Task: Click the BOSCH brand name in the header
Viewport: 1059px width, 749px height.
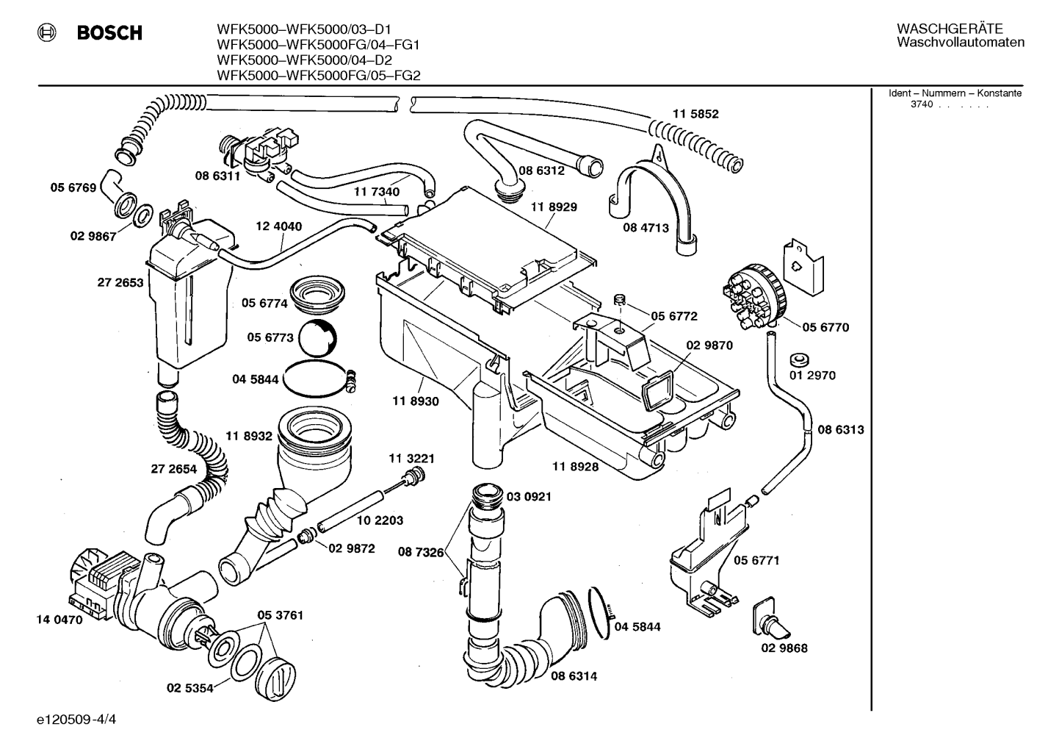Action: [109, 33]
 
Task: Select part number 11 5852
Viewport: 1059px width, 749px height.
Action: [695, 114]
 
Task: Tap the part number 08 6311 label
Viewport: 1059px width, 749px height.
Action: [217, 176]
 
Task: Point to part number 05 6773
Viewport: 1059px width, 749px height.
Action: [270, 337]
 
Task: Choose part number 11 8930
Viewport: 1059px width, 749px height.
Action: [416, 401]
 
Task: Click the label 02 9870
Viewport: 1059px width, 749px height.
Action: [709, 345]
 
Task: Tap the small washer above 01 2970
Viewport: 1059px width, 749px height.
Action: [800, 359]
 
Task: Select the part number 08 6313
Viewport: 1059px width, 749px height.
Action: [841, 429]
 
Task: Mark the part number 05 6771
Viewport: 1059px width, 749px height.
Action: [756, 560]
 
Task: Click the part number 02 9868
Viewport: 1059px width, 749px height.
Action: [784, 648]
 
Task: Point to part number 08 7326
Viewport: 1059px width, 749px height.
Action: [421, 552]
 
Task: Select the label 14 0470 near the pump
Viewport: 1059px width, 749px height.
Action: [59, 620]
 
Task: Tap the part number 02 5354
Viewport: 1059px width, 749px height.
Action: [190, 688]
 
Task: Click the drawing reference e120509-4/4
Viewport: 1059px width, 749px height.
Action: [76, 720]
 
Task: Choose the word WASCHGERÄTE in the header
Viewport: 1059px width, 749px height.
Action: [950, 29]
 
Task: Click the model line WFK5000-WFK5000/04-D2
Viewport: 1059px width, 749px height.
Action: [305, 60]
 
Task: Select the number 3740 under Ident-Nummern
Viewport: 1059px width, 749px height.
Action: [922, 104]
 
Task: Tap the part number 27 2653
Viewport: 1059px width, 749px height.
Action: [120, 282]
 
